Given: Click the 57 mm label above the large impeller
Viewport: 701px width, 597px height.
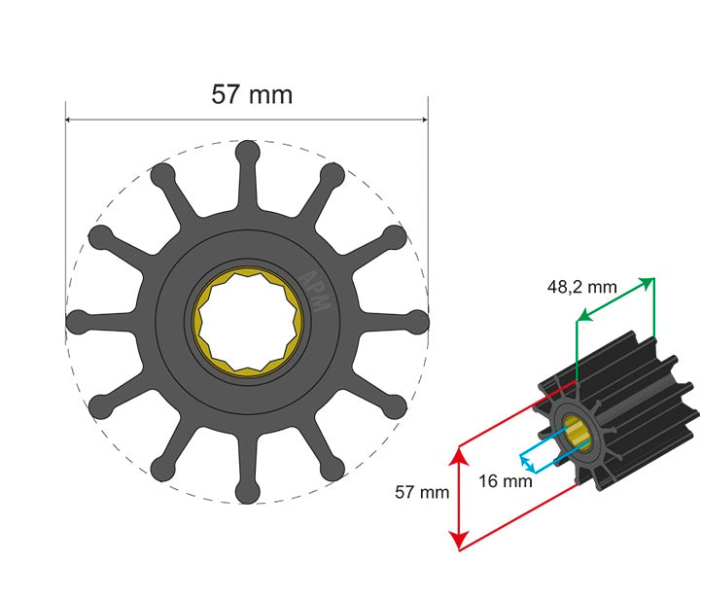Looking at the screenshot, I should [x=252, y=94].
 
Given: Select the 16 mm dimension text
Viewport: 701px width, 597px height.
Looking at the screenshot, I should [x=506, y=480].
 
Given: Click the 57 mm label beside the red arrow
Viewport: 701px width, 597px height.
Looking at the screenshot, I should [x=422, y=492].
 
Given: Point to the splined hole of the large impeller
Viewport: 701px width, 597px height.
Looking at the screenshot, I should [x=248, y=321].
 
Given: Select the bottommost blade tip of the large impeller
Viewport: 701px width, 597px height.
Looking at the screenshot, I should [x=248, y=492].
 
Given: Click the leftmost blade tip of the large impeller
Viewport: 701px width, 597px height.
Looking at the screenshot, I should [x=77, y=321].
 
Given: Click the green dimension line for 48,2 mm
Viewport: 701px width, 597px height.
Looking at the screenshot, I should [x=615, y=298].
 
